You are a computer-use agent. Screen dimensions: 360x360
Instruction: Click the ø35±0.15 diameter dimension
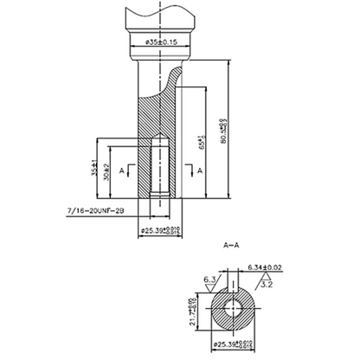coord(157,41)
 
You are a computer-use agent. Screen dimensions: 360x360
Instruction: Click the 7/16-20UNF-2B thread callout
coord(96,210)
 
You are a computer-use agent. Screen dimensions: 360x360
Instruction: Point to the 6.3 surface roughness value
coord(210,280)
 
